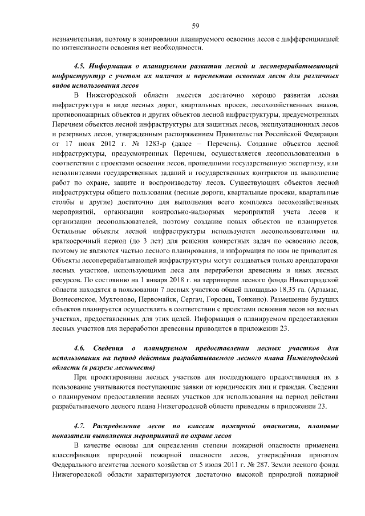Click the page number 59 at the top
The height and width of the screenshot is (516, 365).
(x=195, y=26)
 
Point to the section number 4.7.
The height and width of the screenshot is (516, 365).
(x=82, y=426)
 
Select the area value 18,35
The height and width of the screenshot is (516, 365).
(x=293, y=289)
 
